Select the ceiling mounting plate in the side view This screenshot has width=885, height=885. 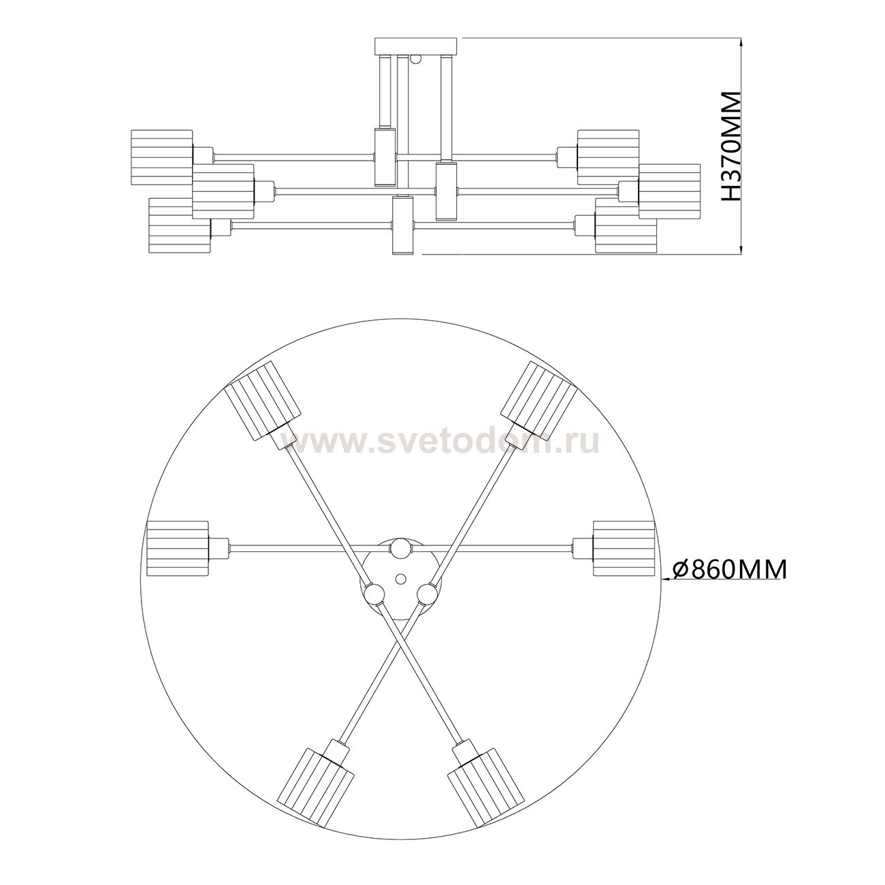(x=417, y=46)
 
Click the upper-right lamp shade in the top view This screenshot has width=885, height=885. (x=538, y=400)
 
